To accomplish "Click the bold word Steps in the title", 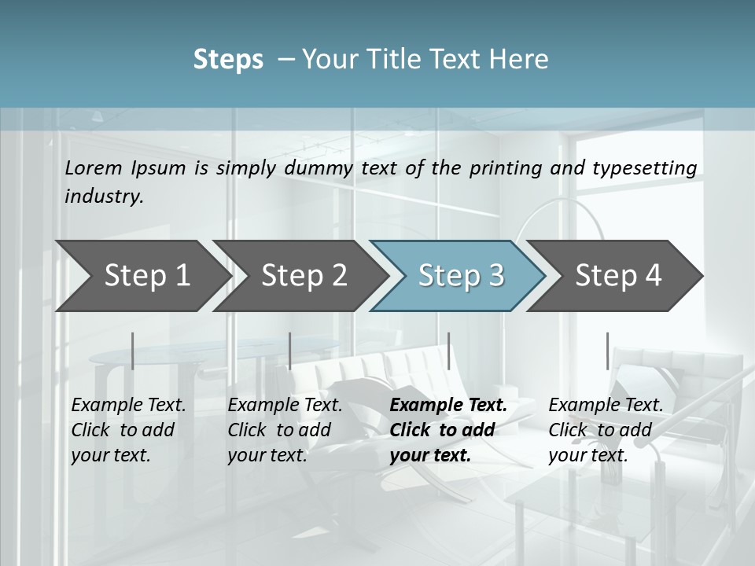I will coord(228,60).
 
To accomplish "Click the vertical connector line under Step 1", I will coord(133,351).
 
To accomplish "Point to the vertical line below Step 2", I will coord(290,351).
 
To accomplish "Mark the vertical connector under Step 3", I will coord(448,351).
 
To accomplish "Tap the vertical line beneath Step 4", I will coord(607,351).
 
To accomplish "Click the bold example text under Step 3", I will coord(447,430).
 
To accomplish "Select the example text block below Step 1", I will coord(127,430).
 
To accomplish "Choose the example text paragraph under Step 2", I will coord(284,430).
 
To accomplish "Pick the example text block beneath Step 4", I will coord(605,430).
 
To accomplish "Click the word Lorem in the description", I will coord(94,167).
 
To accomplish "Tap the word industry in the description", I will coord(103,196).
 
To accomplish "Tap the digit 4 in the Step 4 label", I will coord(653,275).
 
